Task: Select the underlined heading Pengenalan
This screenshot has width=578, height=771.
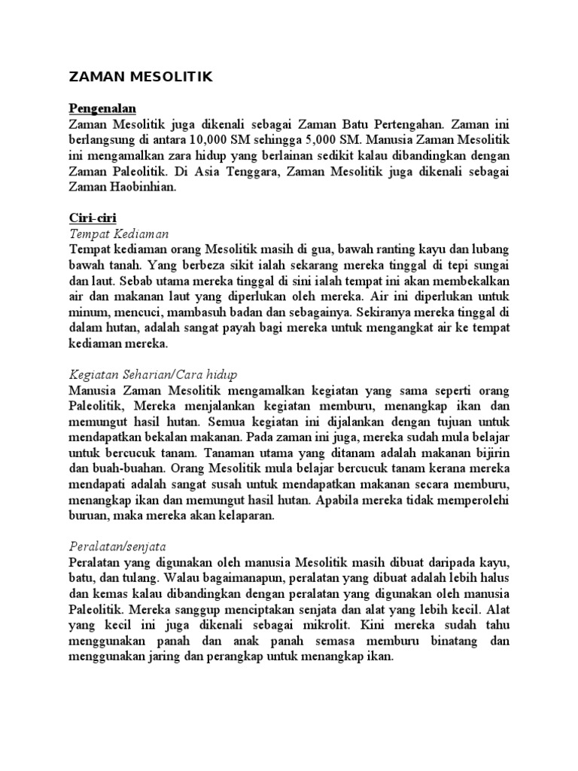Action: coord(102,109)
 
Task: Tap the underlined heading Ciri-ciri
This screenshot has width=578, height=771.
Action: coord(90,218)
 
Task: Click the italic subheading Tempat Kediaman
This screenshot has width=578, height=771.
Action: coord(118,234)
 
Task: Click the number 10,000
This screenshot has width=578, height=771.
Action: coord(211,139)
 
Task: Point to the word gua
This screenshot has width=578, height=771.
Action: coord(328,250)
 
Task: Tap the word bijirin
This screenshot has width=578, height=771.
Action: coord(489,453)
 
